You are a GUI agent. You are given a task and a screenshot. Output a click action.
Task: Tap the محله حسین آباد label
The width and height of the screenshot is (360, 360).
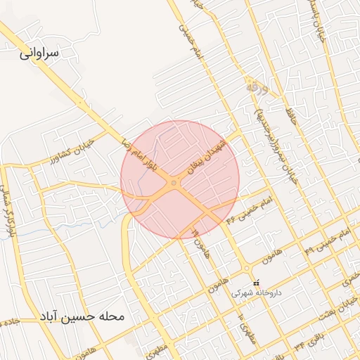pos(82,316)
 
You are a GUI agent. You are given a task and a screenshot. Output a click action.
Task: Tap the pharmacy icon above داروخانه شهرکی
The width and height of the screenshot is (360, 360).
pos(255,283)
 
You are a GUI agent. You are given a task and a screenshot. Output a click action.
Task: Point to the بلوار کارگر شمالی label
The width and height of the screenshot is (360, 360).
pos(8,211)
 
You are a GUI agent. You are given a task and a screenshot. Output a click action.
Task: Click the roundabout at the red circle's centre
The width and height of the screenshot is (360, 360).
pos(174,184)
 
